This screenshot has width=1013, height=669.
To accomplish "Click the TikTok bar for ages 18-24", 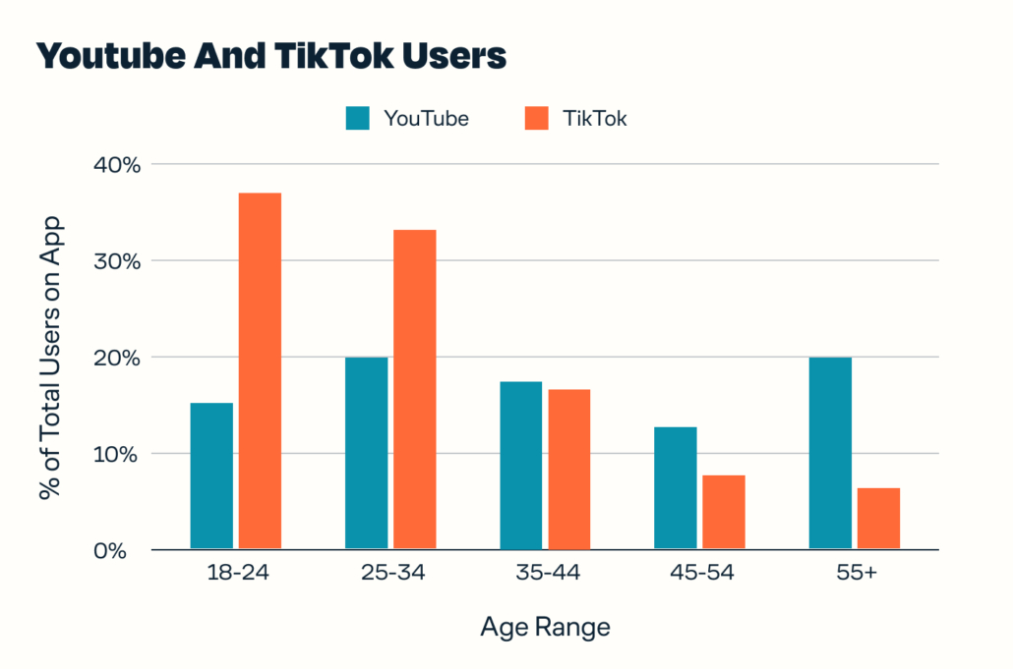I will coord(260,371).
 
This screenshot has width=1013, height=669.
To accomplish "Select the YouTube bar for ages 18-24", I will coord(211,476).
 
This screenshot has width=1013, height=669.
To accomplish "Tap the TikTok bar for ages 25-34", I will coord(414,389).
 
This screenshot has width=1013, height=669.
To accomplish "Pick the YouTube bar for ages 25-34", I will coord(366,453).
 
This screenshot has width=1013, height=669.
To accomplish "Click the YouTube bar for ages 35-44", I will coord(520,466).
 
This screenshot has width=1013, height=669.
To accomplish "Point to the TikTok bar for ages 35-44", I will coord(568,470).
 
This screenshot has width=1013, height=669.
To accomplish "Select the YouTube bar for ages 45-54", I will coord(675,488).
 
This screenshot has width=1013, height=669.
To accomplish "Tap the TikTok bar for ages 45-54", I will coord(723,512).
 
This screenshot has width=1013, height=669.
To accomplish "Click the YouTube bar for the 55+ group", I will coord(830,453).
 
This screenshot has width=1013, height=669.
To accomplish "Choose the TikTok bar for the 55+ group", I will coord(878,519).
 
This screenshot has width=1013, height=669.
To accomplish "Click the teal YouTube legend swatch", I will coord(357,119).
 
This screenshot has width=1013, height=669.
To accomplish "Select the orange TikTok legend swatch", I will coord(535,119).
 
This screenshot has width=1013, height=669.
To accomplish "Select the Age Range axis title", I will coord(545,628).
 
